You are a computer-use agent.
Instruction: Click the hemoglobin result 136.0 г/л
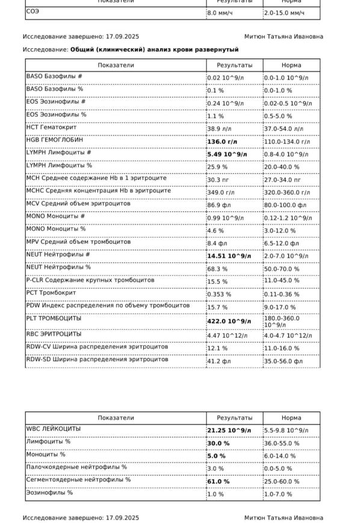pos(223,141)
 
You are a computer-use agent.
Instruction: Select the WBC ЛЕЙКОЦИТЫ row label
pos(54,429)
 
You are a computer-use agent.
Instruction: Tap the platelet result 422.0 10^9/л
pos(229,321)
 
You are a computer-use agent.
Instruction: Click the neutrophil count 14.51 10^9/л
pos(229,256)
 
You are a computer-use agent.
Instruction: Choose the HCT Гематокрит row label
pos(52,127)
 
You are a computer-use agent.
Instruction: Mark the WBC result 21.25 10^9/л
pos(229,430)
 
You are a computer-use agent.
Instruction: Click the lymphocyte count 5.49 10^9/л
pos(227,154)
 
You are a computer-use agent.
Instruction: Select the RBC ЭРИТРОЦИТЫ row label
pos(54,334)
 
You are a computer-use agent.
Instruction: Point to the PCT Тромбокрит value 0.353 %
pos(220,294)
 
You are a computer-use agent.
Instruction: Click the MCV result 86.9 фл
pos(220,205)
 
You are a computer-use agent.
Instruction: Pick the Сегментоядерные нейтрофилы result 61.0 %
pos(218,481)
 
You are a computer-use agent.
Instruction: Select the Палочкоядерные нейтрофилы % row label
pos(76,467)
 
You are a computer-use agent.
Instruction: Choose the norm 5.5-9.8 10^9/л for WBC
pos(286,430)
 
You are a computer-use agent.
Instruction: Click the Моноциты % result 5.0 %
pos(216,456)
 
